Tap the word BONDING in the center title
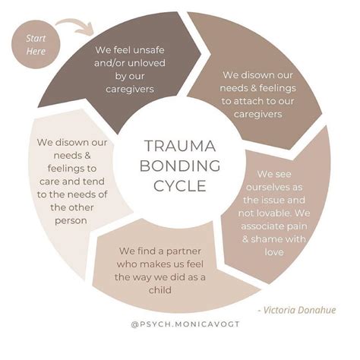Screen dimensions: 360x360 (180, 166)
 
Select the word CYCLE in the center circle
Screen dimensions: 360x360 (180, 185)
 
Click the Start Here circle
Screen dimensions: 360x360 (36, 43)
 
